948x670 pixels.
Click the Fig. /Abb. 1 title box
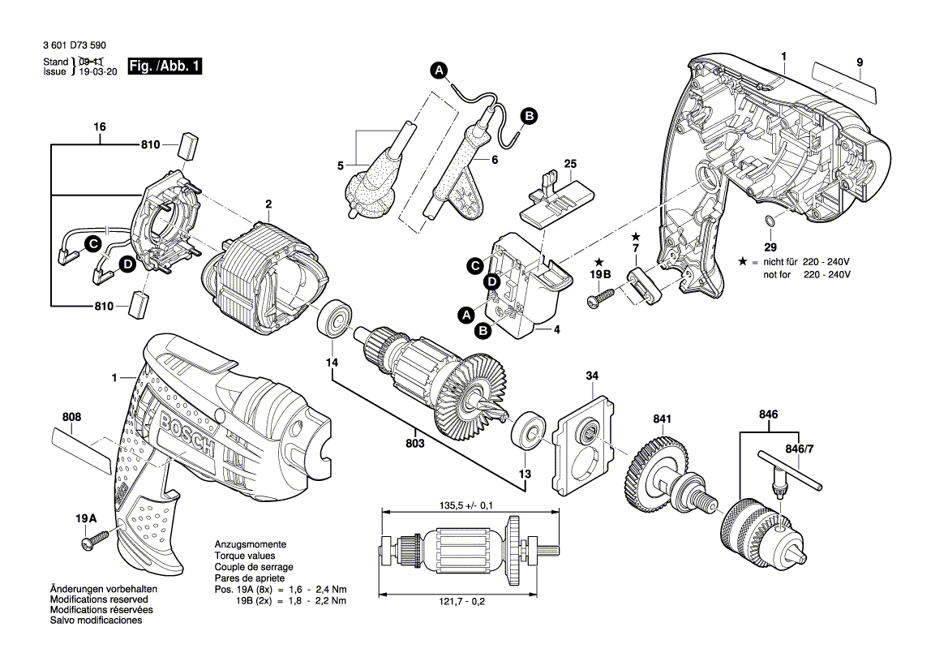[x=165, y=66]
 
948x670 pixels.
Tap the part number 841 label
[x=662, y=419]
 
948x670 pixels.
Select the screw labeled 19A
[x=94, y=539]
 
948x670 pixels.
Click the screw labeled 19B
[x=601, y=298]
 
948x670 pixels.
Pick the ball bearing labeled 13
[x=529, y=432]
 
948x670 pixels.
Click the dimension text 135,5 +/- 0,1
[x=466, y=505]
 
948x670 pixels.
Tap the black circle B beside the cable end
[x=529, y=115]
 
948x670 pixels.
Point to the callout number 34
[x=592, y=376]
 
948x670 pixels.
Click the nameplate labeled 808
[x=82, y=451]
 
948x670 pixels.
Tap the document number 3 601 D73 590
[x=75, y=45]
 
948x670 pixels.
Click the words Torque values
[x=245, y=556]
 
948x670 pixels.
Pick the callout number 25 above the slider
[x=570, y=164]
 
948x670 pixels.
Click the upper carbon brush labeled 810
[x=189, y=145]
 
